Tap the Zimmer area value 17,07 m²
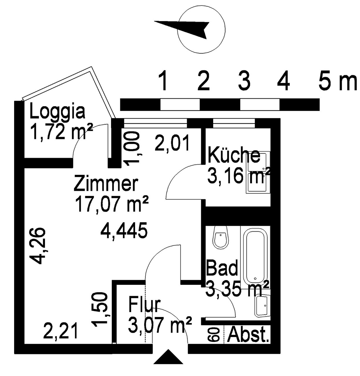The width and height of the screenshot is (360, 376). point(112,204)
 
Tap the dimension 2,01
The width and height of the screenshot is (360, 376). point(172,143)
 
